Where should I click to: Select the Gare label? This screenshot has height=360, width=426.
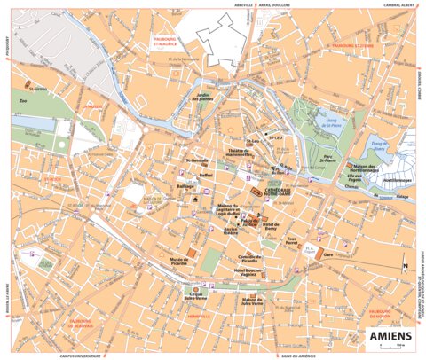328,253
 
